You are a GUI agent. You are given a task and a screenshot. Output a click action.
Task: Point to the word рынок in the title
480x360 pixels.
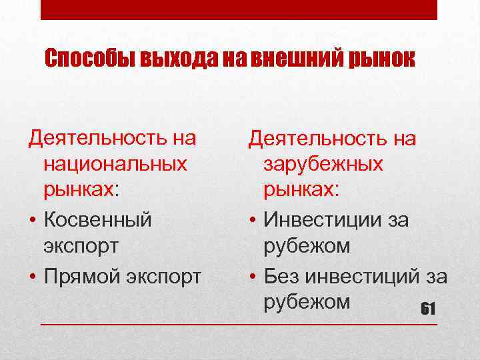click(x=382, y=59)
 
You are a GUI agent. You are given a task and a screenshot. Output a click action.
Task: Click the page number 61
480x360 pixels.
click(x=427, y=309)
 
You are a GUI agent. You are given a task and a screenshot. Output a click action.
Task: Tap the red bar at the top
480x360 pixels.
click(x=239, y=9)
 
